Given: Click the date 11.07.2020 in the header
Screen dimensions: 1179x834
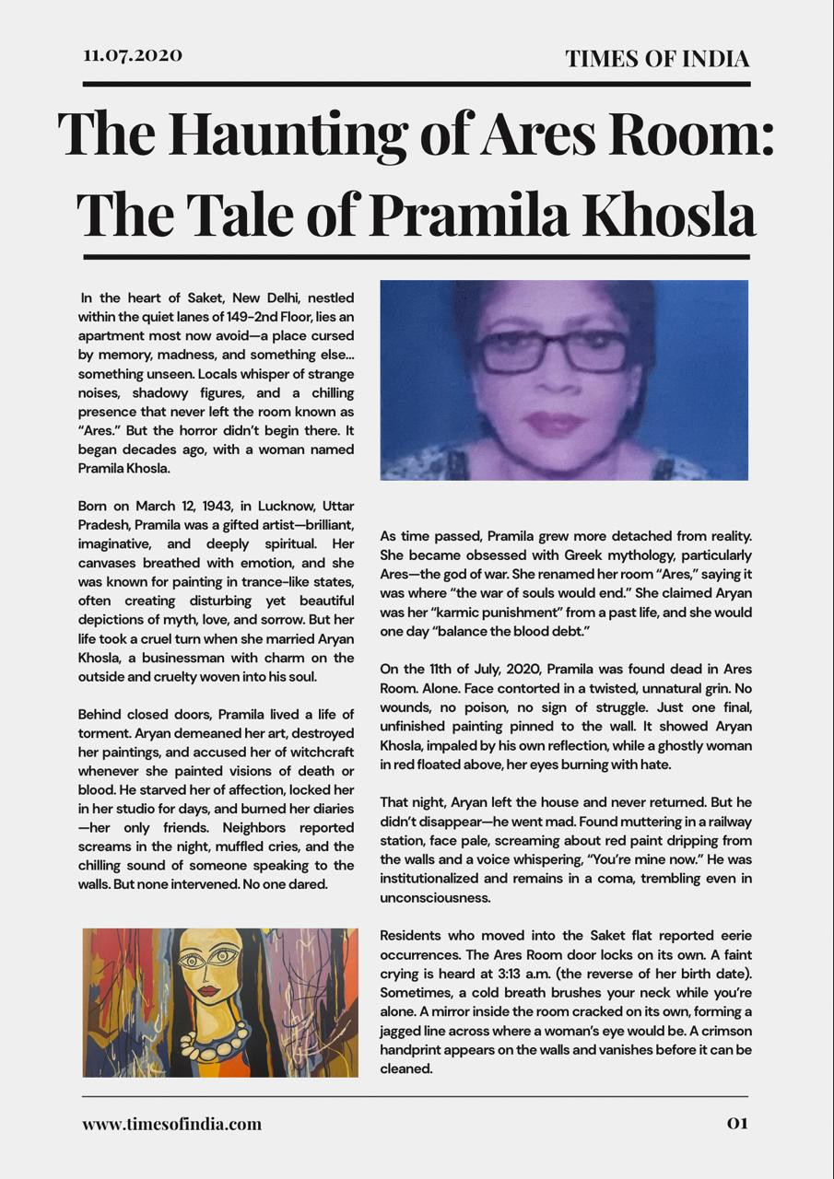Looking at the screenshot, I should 133,55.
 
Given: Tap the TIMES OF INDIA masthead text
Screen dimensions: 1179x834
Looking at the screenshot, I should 657,59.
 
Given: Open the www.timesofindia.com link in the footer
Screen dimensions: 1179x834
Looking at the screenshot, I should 171,1124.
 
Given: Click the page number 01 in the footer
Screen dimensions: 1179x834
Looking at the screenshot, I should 737,1123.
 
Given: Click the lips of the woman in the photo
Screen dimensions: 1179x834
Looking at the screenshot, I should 554,424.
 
